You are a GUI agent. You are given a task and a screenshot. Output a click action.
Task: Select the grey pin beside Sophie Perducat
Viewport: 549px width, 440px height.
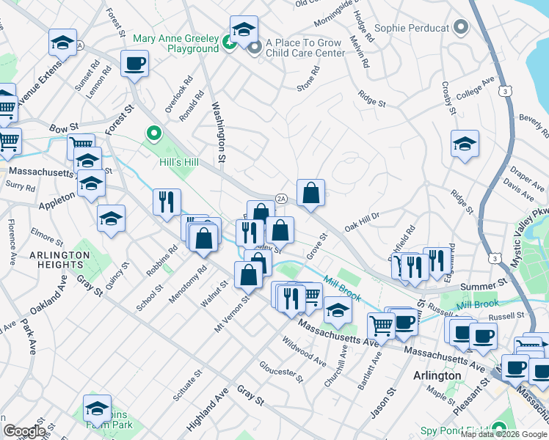pos(461,28)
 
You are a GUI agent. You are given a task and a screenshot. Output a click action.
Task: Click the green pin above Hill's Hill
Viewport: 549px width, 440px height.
pos(154,134)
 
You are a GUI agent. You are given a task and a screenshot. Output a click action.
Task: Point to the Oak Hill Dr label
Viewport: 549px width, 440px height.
pos(361,218)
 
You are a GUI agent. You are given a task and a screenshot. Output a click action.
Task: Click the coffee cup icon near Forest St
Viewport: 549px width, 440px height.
pos(134,64)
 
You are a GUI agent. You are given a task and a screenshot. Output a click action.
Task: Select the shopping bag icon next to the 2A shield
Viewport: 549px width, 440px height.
pos(311,193)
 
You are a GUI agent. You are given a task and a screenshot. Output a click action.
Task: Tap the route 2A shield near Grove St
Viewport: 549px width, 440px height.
pos(280,198)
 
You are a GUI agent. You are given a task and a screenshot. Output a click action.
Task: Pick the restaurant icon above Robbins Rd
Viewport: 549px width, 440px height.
pos(167,201)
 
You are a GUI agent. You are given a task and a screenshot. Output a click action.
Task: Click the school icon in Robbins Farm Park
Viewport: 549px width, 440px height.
pos(97,408)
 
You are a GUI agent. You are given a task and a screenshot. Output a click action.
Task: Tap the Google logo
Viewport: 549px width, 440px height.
pos(24,431)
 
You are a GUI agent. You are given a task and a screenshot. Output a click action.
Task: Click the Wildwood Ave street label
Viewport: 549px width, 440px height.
pos(309,351)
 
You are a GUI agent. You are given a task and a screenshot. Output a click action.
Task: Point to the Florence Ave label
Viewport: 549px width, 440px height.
pos(12,242)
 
